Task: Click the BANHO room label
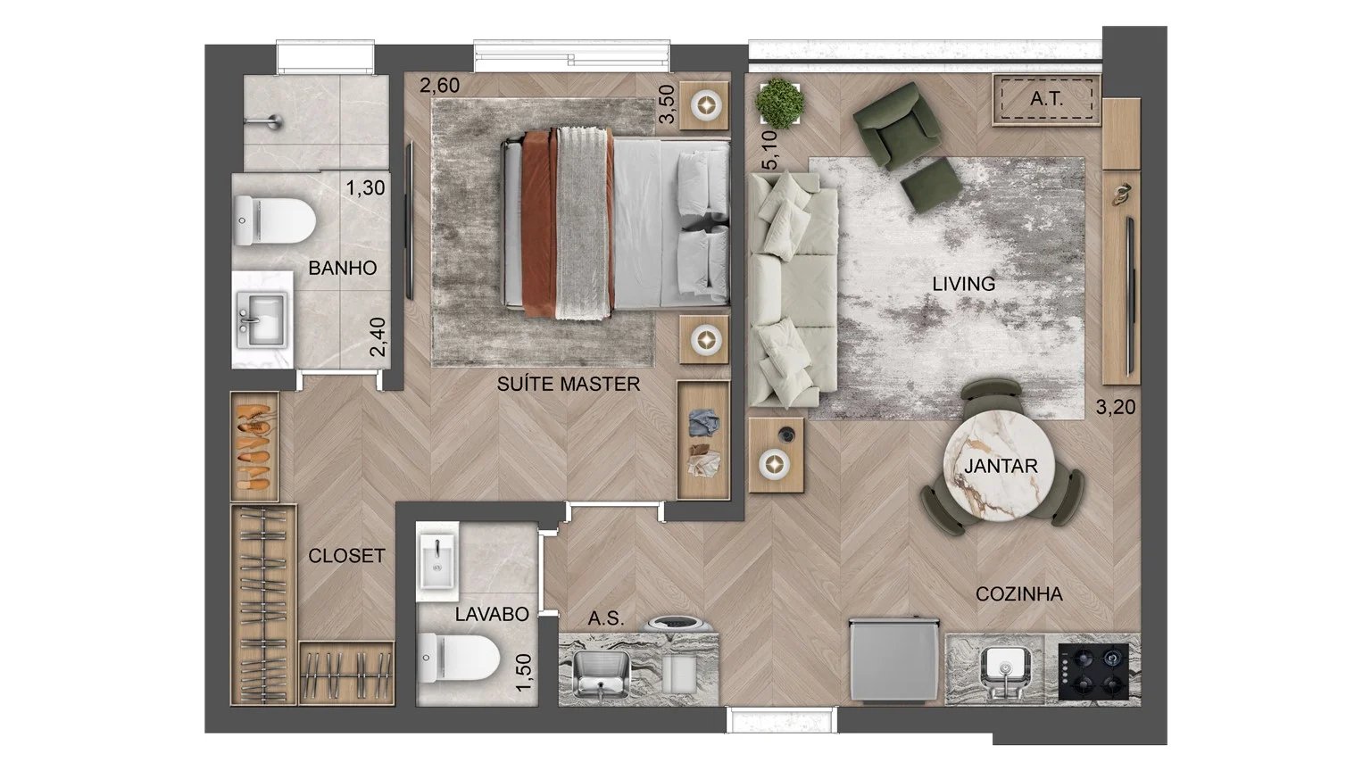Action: (x=342, y=268)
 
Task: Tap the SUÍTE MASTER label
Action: (x=569, y=385)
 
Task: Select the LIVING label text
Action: (x=963, y=284)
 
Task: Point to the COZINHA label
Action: (x=1018, y=593)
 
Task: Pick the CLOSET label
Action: (x=346, y=556)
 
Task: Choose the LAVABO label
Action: (x=492, y=614)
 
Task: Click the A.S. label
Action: (x=606, y=618)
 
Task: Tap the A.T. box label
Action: (x=1046, y=99)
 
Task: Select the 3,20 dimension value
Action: (x=1115, y=409)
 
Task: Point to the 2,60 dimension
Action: (x=440, y=87)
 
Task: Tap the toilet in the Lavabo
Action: (x=459, y=658)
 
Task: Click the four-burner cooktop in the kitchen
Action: (x=1093, y=671)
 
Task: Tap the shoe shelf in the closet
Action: (x=254, y=445)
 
